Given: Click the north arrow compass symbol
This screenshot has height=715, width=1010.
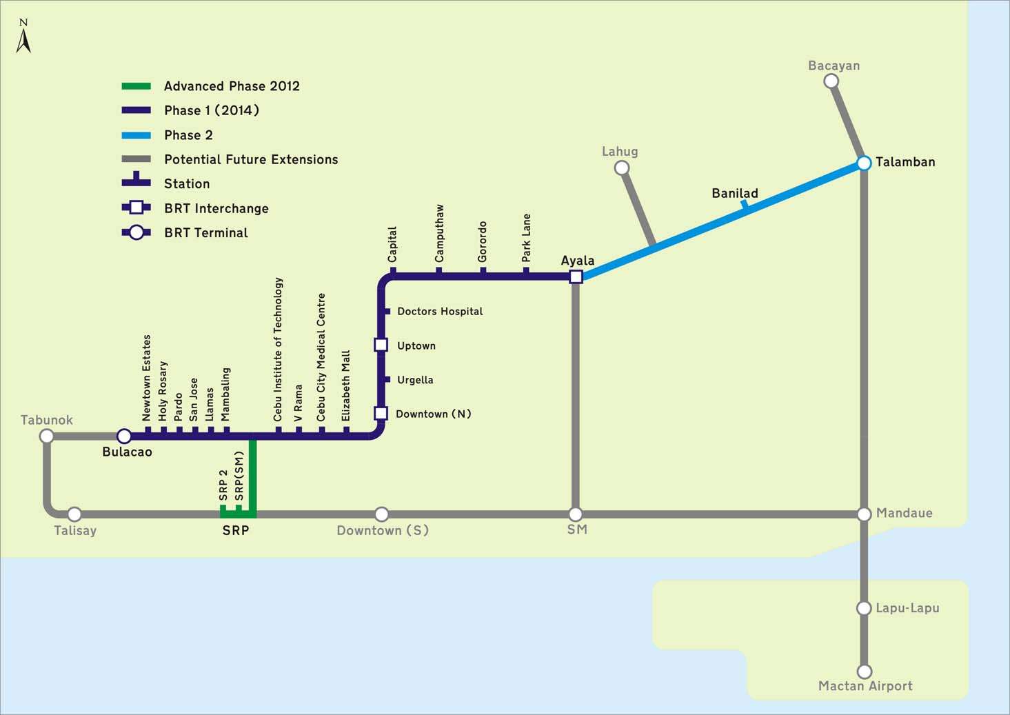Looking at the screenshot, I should [x=23, y=38].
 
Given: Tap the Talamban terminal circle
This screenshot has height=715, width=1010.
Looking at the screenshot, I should [x=864, y=163].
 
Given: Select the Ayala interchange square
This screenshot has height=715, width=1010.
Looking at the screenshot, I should [x=576, y=276].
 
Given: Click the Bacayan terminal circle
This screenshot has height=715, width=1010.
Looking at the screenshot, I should [x=831, y=81].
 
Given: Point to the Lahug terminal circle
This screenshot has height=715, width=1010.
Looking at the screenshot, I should [x=622, y=168].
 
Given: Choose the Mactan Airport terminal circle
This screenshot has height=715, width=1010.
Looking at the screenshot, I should [x=864, y=671].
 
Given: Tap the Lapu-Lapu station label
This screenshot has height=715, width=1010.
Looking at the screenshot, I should [x=907, y=608].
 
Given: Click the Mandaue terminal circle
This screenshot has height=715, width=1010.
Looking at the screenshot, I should [x=864, y=514].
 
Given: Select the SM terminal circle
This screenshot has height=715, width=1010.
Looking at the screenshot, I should [x=576, y=514].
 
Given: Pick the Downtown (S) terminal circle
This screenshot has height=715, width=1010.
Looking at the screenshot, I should [x=381, y=514].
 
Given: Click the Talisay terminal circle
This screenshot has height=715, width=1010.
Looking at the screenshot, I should [x=74, y=514].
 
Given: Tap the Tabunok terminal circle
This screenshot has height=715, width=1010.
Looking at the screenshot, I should [x=47, y=436].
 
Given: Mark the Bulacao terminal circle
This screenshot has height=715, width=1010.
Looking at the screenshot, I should [x=124, y=436].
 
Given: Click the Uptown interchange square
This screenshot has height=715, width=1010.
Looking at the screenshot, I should [x=381, y=345].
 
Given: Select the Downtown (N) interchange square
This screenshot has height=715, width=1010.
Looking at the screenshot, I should [x=381, y=413].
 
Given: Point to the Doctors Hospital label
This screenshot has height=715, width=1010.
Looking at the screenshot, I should [x=440, y=312].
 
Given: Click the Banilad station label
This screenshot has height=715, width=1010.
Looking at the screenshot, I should [x=735, y=194].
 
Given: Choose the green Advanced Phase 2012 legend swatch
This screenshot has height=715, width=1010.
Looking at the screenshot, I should [x=136, y=86].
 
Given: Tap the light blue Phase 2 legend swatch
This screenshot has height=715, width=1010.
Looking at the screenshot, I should [x=136, y=135].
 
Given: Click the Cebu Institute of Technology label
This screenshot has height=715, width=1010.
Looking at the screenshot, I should [x=278, y=349].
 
